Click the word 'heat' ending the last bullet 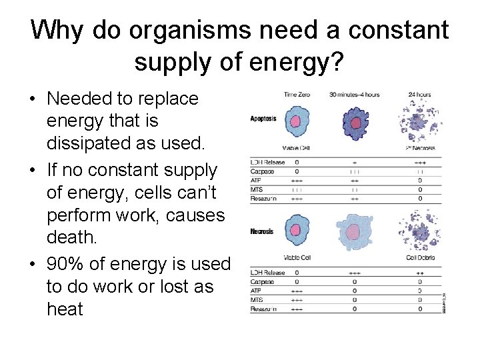tap(65, 309)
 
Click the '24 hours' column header tap(419, 95)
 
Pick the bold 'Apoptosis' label tap(263, 119)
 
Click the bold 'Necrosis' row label tap(262, 232)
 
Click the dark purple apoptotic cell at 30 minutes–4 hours tap(355, 123)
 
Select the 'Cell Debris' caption tap(421, 257)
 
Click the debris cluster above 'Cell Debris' tap(420, 231)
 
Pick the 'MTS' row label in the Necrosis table tap(256, 300)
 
